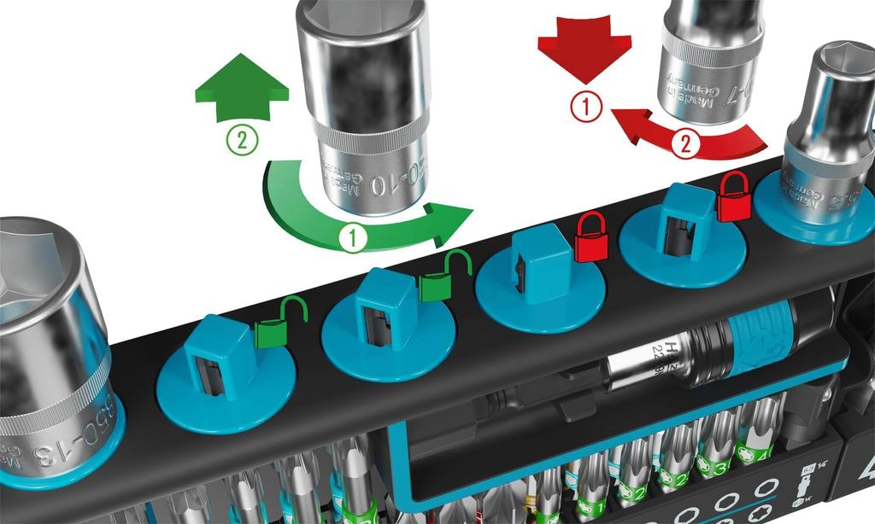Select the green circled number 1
[x=353, y=238]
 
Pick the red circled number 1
[x=586, y=107]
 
